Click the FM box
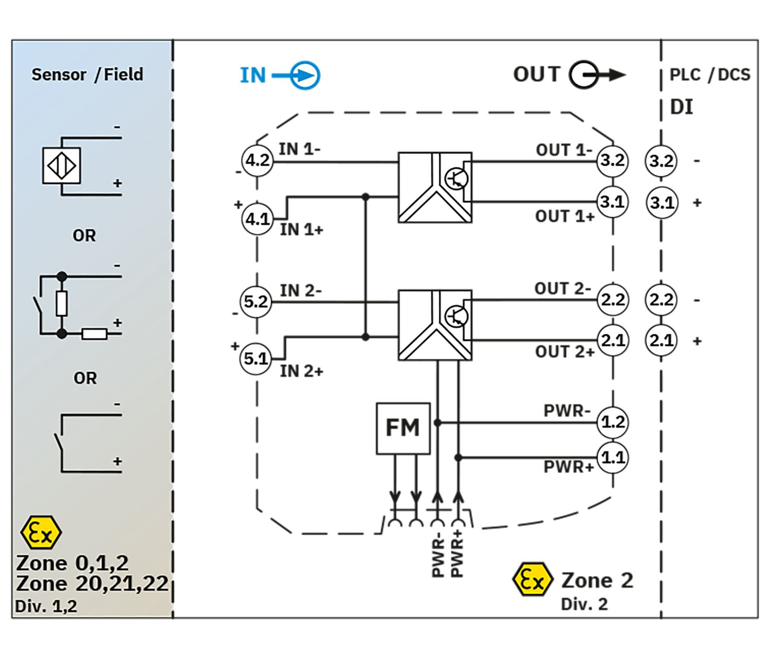[402, 428]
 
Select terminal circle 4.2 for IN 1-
[257, 161]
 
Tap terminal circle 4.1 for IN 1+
[257, 219]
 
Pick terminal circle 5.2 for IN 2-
[256, 302]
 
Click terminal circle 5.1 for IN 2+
[256, 359]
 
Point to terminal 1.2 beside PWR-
[612, 422]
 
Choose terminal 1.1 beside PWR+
[612, 458]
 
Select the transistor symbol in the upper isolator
[457, 179]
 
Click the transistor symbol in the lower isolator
[457, 317]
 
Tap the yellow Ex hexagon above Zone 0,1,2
[41, 533]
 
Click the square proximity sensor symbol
[62, 166]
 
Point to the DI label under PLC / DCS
[681, 107]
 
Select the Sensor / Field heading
[87, 74]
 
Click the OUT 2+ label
[565, 352]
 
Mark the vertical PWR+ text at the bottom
[457, 554]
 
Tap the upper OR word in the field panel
[84, 236]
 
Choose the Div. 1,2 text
[46, 607]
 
